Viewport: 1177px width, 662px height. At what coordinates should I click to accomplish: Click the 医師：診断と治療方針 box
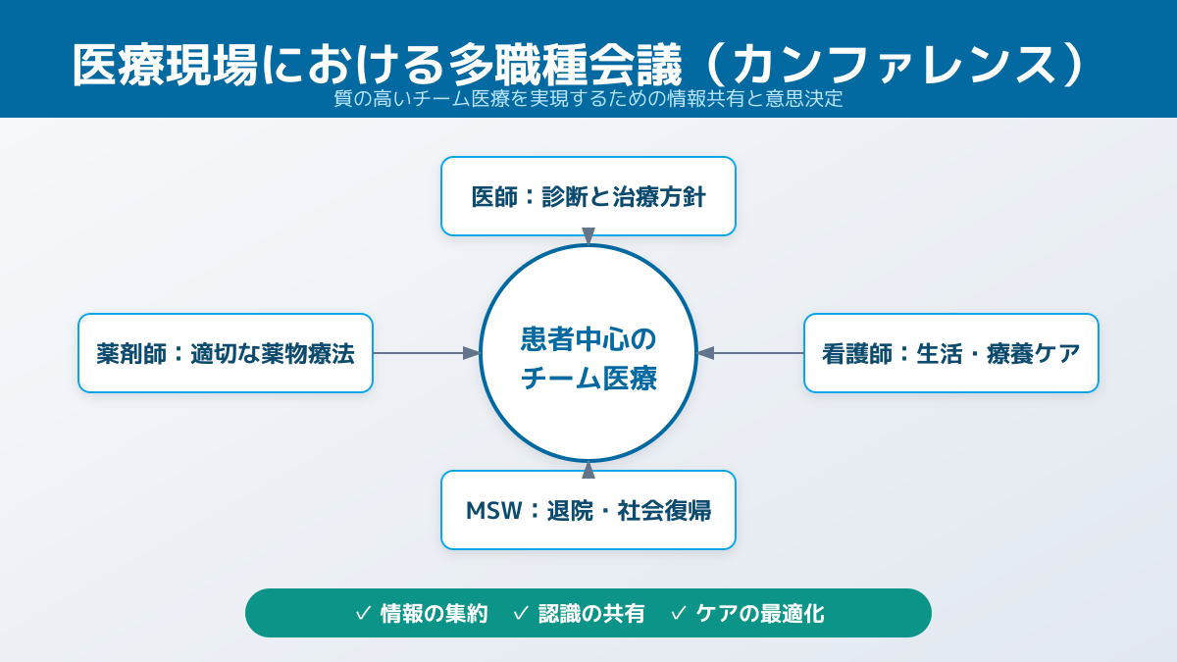coord(588,196)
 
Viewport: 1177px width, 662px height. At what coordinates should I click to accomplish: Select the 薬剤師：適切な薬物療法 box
coord(226,353)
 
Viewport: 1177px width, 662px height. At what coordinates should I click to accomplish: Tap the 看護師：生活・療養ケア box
coord(951,353)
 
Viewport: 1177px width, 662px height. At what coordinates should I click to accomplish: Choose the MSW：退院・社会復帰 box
coord(588,510)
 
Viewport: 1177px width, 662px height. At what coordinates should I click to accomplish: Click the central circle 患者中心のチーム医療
coord(588,353)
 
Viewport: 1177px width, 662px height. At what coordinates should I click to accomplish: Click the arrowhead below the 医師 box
coord(588,237)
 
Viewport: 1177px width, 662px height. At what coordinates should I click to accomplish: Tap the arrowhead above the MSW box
coord(588,469)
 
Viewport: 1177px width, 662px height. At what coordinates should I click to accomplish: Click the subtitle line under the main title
coord(588,99)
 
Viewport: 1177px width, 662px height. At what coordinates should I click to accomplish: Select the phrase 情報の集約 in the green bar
coord(434,614)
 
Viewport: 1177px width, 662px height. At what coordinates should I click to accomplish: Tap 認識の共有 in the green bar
coord(591,614)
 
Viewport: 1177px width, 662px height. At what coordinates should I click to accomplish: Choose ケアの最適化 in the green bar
coord(760,614)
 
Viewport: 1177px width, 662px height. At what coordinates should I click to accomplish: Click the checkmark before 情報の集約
coord(363,614)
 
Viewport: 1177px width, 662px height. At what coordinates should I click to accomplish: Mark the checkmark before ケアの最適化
coord(679,614)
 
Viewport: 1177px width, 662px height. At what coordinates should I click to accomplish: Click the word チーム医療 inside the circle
coord(588,379)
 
